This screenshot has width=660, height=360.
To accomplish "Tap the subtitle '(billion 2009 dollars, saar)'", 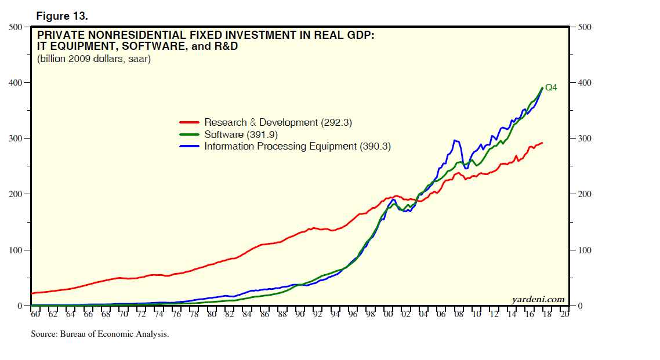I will (x=94, y=59).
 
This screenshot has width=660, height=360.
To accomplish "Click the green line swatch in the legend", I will (x=190, y=134).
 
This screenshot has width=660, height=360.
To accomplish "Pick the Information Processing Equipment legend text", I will (x=298, y=147).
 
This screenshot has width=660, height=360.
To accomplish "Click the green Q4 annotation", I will (x=551, y=88).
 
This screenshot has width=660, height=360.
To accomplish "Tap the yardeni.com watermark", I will (x=538, y=299).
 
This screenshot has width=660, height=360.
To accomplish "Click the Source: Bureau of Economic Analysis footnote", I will (x=100, y=334).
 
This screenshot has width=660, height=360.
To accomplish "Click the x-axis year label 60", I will (x=35, y=315).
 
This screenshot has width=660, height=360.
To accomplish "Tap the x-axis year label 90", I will (x=300, y=315).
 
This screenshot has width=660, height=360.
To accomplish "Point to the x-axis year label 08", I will (x=459, y=315).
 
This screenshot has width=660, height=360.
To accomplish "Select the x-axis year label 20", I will (x=565, y=315).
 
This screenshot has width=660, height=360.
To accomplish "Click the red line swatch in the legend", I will (x=190, y=122).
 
